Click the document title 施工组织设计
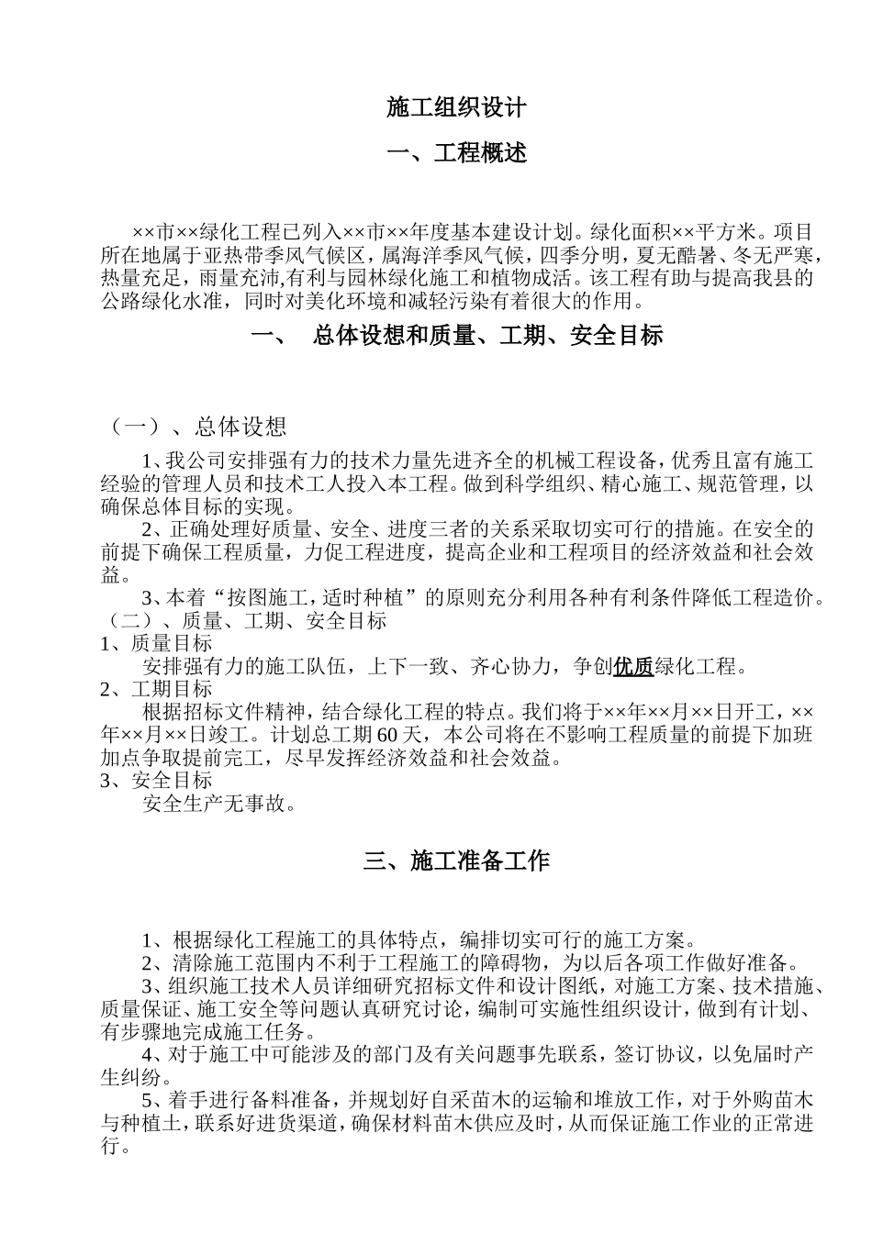(x=456, y=108)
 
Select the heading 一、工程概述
(x=456, y=153)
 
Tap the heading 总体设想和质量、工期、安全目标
(x=487, y=337)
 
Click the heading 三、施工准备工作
(x=456, y=861)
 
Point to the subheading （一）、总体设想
(x=197, y=427)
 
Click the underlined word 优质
(x=633, y=667)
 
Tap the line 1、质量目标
(x=156, y=644)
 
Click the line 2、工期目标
(x=156, y=690)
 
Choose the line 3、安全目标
(x=156, y=781)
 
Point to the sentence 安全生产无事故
(x=220, y=805)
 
